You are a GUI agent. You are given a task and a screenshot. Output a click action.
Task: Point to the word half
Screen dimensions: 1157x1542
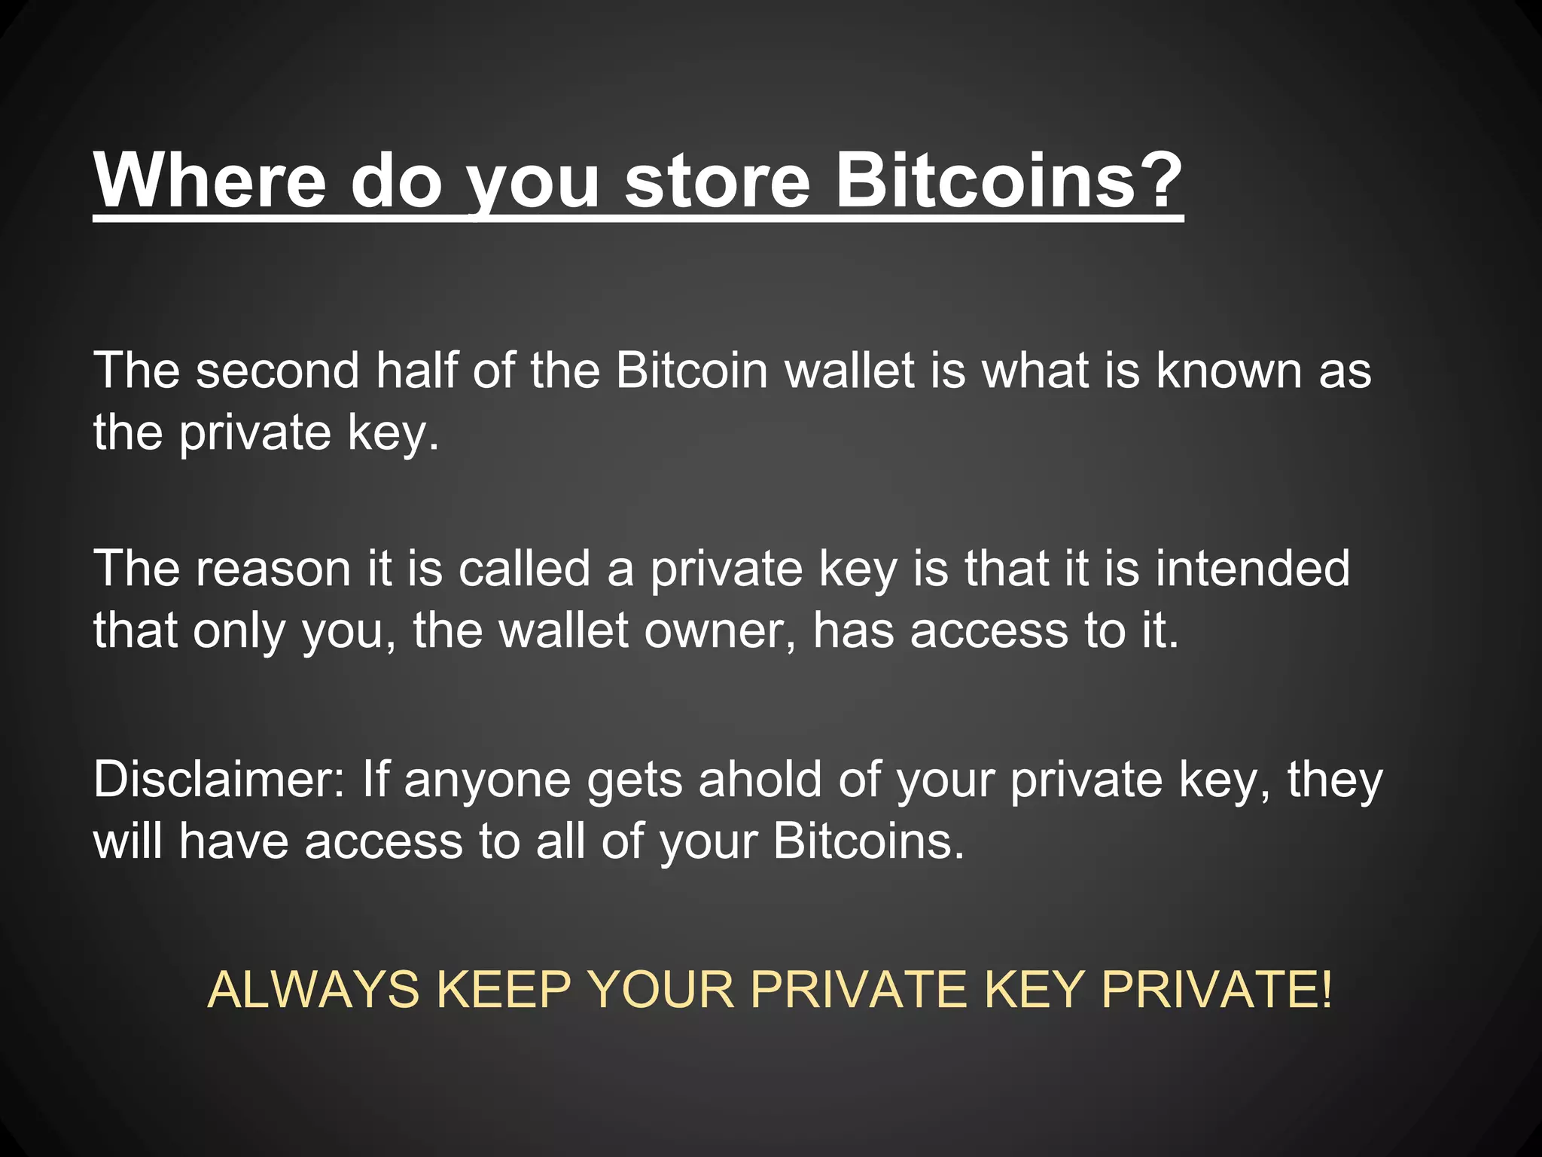[x=416, y=371]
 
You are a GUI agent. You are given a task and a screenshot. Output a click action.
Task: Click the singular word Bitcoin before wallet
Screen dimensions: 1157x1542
[x=691, y=371]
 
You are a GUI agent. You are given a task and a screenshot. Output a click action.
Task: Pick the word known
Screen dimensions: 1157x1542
[x=1228, y=371]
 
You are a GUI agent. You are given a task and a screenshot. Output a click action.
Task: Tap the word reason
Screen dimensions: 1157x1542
[x=273, y=568]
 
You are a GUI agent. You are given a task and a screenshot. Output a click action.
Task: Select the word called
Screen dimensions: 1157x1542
[x=524, y=568]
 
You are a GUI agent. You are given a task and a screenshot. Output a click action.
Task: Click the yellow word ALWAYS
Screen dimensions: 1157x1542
[x=312, y=989]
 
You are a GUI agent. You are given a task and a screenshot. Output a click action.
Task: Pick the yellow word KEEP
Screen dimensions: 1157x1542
[x=503, y=989]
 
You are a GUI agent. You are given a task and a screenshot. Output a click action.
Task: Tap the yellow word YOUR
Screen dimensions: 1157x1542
[x=660, y=989]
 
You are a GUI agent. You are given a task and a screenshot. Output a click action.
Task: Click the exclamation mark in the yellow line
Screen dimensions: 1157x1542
[x=1325, y=989]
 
